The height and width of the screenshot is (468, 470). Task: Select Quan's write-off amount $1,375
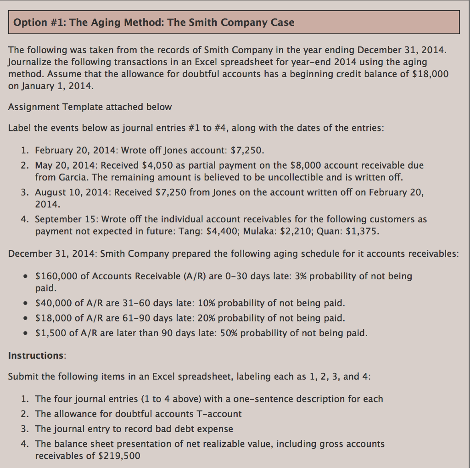362,231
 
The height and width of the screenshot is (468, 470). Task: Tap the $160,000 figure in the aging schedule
56,276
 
